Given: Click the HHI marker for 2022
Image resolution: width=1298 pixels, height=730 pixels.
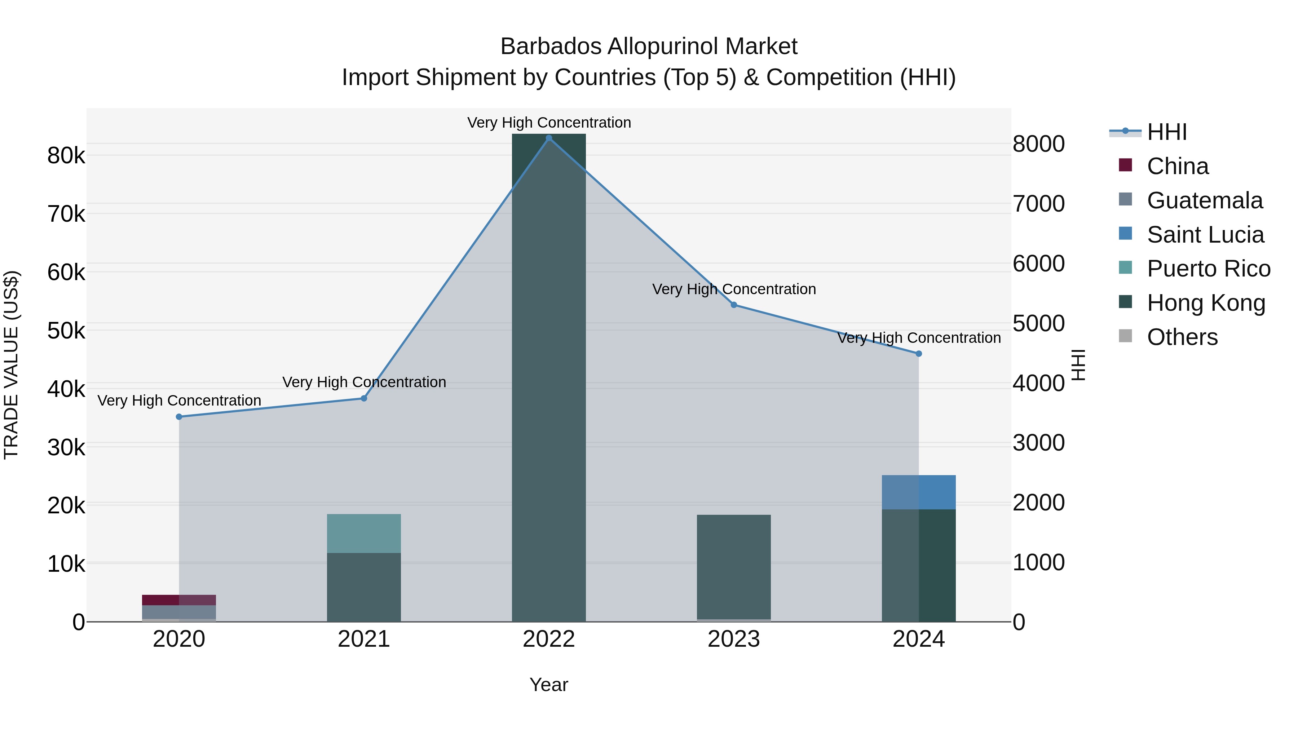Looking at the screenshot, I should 549,138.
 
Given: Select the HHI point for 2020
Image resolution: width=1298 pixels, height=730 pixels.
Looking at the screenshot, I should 179,417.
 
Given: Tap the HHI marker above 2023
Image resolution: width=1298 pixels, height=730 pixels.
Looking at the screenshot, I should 734,305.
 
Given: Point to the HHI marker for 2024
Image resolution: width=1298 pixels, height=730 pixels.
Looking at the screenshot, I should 919,354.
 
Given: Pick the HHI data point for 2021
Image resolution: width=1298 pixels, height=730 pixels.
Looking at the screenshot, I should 364,398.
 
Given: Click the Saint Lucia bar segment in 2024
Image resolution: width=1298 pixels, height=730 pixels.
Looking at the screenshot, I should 919,492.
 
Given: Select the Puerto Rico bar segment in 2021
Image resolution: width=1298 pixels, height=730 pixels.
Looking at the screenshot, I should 364,534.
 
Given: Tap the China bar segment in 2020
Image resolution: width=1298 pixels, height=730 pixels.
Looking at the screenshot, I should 179,600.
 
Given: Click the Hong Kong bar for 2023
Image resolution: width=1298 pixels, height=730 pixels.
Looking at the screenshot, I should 734,567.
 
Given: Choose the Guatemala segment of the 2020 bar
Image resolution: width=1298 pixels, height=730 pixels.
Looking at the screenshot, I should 179,612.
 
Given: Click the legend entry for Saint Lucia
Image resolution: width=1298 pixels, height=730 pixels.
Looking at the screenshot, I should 1205,235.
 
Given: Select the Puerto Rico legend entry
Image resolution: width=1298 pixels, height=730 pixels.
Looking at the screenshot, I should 1208,269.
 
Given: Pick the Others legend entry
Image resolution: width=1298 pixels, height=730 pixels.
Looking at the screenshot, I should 1182,337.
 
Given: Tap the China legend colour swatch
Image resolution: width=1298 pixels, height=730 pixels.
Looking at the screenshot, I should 1125,165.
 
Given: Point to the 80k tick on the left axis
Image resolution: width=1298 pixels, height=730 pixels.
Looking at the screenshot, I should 66,156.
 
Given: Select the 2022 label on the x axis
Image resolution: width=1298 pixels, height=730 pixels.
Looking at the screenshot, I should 549,639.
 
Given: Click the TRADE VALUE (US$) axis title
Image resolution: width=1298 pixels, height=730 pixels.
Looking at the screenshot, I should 11,365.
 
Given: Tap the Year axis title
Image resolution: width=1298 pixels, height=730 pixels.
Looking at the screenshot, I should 549,685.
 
